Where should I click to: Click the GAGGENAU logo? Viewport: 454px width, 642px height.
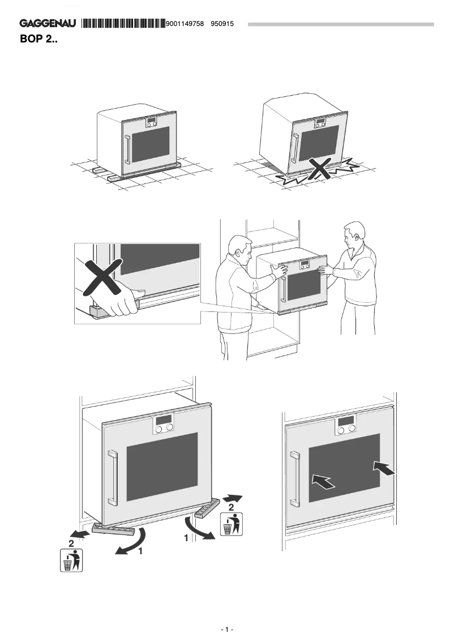[48, 24]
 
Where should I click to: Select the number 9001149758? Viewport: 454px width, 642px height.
[185, 24]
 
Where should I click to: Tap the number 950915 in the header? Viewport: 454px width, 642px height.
[222, 24]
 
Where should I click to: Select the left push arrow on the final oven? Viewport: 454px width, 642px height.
[323, 481]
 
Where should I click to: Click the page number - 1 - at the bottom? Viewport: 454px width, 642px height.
[226, 630]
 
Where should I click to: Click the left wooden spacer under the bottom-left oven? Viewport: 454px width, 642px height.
[113, 529]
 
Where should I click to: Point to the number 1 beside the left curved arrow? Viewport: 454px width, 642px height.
[139, 550]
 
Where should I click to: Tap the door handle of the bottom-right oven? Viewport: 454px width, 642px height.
[294, 478]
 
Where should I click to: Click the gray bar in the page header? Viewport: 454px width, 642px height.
[340, 24]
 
